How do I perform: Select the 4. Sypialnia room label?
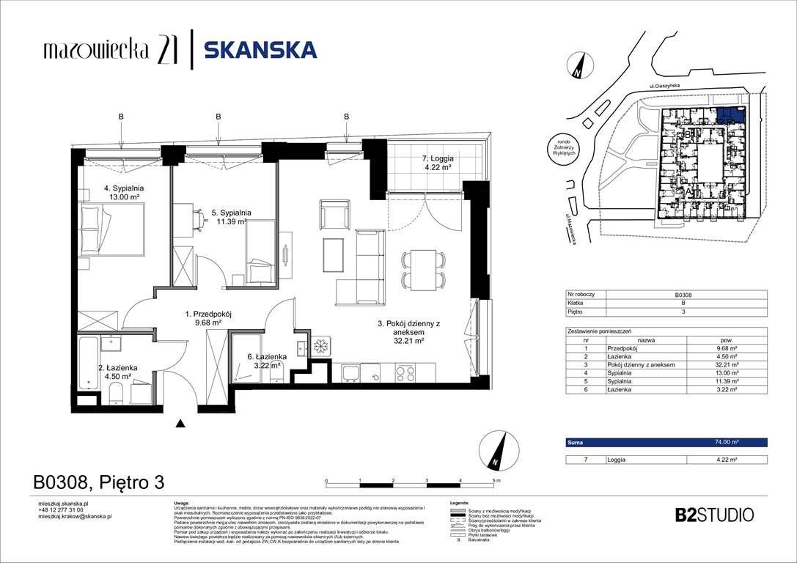(123, 193)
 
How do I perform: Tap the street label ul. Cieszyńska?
(665, 86)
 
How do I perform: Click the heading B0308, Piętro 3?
(98, 482)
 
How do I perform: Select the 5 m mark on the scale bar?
(496, 481)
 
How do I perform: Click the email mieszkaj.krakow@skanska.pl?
(74, 517)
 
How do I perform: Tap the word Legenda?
(459, 504)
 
